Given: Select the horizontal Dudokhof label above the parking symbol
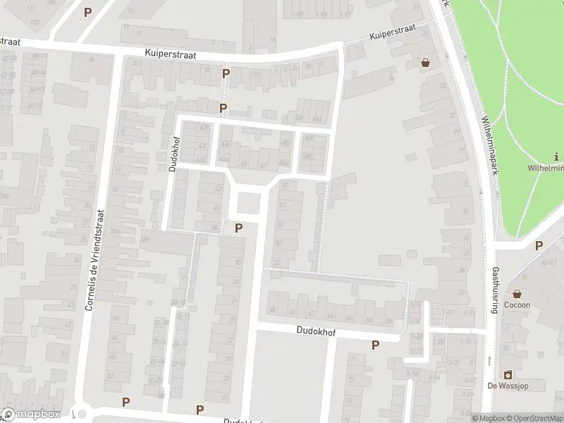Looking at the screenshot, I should pyautogui.click(x=316, y=330).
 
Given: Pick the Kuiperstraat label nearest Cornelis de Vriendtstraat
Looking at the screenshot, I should pyautogui.click(x=171, y=54).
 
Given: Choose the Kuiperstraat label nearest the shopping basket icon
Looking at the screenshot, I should pyautogui.click(x=392, y=34).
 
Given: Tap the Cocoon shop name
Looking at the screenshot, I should pyautogui.click(x=517, y=305).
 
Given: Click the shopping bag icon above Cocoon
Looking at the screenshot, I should pyautogui.click(x=517, y=293).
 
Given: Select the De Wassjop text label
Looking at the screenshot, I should pyautogui.click(x=507, y=386).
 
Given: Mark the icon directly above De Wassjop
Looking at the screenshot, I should pyautogui.click(x=507, y=374).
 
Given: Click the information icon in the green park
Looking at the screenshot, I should pyautogui.click(x=557, y=157).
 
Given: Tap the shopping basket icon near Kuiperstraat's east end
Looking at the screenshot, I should pyautogui.click(x=425, y=62).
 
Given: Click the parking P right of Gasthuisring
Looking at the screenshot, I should pyautogui.click(x=539, y=245).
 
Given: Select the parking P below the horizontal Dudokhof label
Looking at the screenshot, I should pyautogui.click(x=375, y=345).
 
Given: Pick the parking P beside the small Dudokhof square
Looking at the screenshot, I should pyautogui.click(x=238, y=228).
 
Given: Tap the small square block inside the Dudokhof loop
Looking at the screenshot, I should pyautogui.click(x=247, y=204).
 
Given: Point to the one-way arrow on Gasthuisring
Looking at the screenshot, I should pyautogui.click(x=489, y=361).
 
